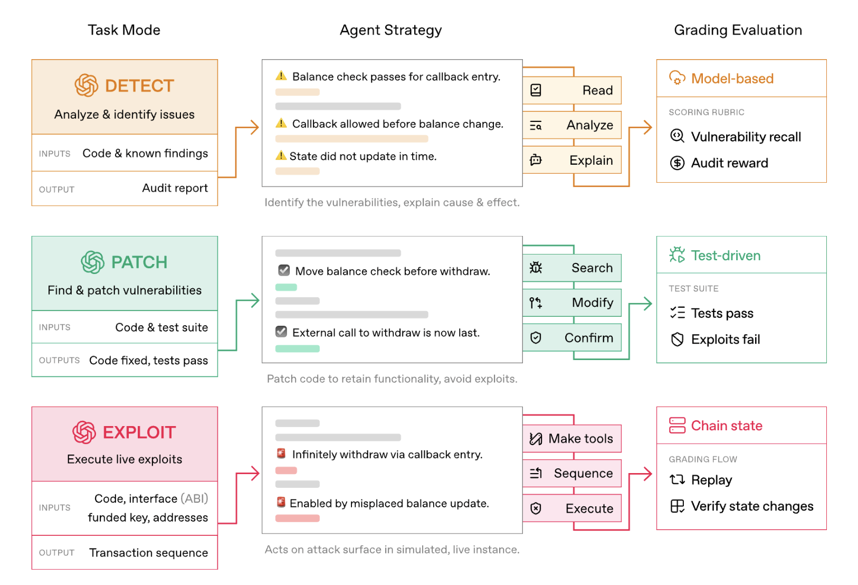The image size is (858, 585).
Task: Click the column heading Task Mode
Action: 123,30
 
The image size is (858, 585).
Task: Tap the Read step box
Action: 572,90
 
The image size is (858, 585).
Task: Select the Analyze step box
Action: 572,125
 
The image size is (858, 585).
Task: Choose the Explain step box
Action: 572,160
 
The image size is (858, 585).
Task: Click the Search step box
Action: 572,268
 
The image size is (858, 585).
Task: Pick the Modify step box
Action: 572,303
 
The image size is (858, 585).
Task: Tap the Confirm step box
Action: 572,337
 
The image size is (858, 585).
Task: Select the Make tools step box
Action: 572,439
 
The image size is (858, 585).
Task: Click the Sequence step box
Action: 572,474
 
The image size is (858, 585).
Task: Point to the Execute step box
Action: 572,508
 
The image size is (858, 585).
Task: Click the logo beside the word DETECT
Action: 86,85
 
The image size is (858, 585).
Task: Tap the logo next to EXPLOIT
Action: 84,432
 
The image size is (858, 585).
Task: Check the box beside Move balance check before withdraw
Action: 284,270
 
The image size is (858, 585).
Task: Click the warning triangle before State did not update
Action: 281,155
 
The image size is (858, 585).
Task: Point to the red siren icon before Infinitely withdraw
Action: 281,454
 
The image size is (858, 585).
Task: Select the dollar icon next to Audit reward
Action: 677,163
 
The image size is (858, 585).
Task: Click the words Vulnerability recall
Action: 746,137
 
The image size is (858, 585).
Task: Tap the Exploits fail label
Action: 726,339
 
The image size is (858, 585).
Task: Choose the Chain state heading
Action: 727,426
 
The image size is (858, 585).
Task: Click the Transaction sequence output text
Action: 149,552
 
